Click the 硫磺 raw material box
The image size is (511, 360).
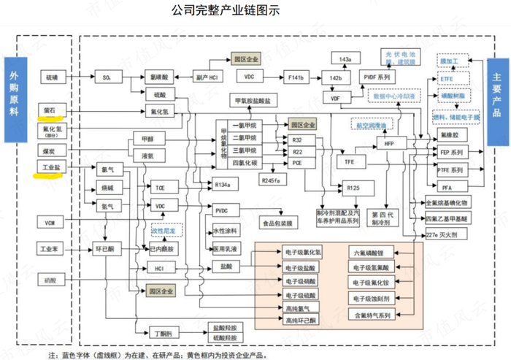(x=50, y=76)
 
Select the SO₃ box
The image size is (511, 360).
(x=107, y=76)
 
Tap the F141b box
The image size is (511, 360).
(x=296, y=76)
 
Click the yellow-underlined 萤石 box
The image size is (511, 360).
(x=50, y=110)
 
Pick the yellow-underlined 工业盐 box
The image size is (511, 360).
(x=50, y=168)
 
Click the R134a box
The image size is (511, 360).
(x=223, y=185)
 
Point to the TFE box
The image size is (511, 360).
(x=350, y=160)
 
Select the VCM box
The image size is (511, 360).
(x=50, y=221)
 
